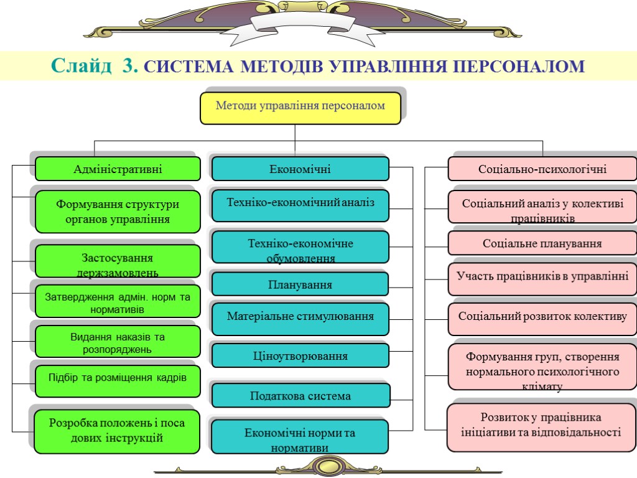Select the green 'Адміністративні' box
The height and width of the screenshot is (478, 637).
pyautogui.click(x=118, y=169)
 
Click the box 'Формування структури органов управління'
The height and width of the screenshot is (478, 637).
pyautogui.click(x=118, y=212)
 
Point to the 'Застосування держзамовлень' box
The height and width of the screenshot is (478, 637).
pyautogui.click(x=118, y=261)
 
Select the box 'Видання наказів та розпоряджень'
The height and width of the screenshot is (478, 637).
pyautogui.click(x=118, y=342)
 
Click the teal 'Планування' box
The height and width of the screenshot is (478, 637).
pyautogui.click(x=300, y=284)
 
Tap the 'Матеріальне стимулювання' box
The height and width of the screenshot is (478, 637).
pyautogui.click(x=300, y=316)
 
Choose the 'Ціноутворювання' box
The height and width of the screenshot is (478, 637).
pyautogui.click(x=300, y=356)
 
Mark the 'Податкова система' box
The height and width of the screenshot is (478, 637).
pyautogui.click(x=300, y=396)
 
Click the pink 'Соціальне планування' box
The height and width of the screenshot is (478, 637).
pyautogui.click(x=542, y=243)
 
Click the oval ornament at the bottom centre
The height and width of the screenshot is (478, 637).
pyautogui.click(x=328, y=466)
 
